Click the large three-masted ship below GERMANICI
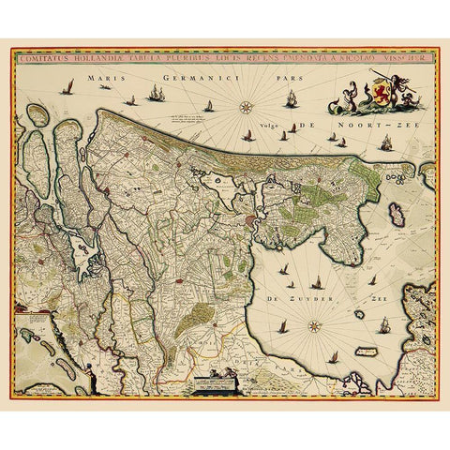click(157, 94)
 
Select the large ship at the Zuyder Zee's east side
click(383, 328)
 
